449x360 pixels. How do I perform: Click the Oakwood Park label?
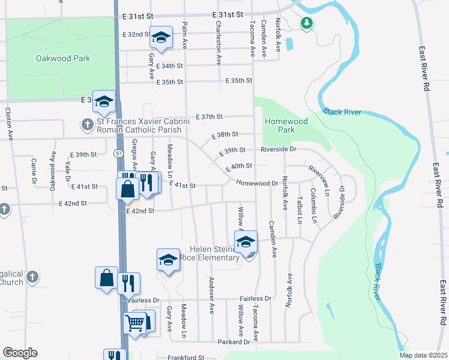pyautogui.click(x=63, y=59)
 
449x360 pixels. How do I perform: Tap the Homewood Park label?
pyautogui.click(x=286, y=125)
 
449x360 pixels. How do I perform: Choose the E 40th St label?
pyautogui.click(x=238, y=166)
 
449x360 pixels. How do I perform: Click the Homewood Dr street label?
pyautogui.click(x=257, y=183)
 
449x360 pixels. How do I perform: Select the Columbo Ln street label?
pyautogui.click(x=313, y=206)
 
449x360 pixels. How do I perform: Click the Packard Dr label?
pyautogui.click(x=234, y=342)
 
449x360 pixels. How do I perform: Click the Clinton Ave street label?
pyautogui.click(x=9, y=124)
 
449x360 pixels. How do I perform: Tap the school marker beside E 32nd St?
pyautogui.click(x=161, y=37)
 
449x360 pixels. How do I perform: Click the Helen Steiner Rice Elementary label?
pyautogui.click(x=214, y=253)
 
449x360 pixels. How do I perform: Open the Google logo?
pyautogui.click(x=20, y=353)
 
